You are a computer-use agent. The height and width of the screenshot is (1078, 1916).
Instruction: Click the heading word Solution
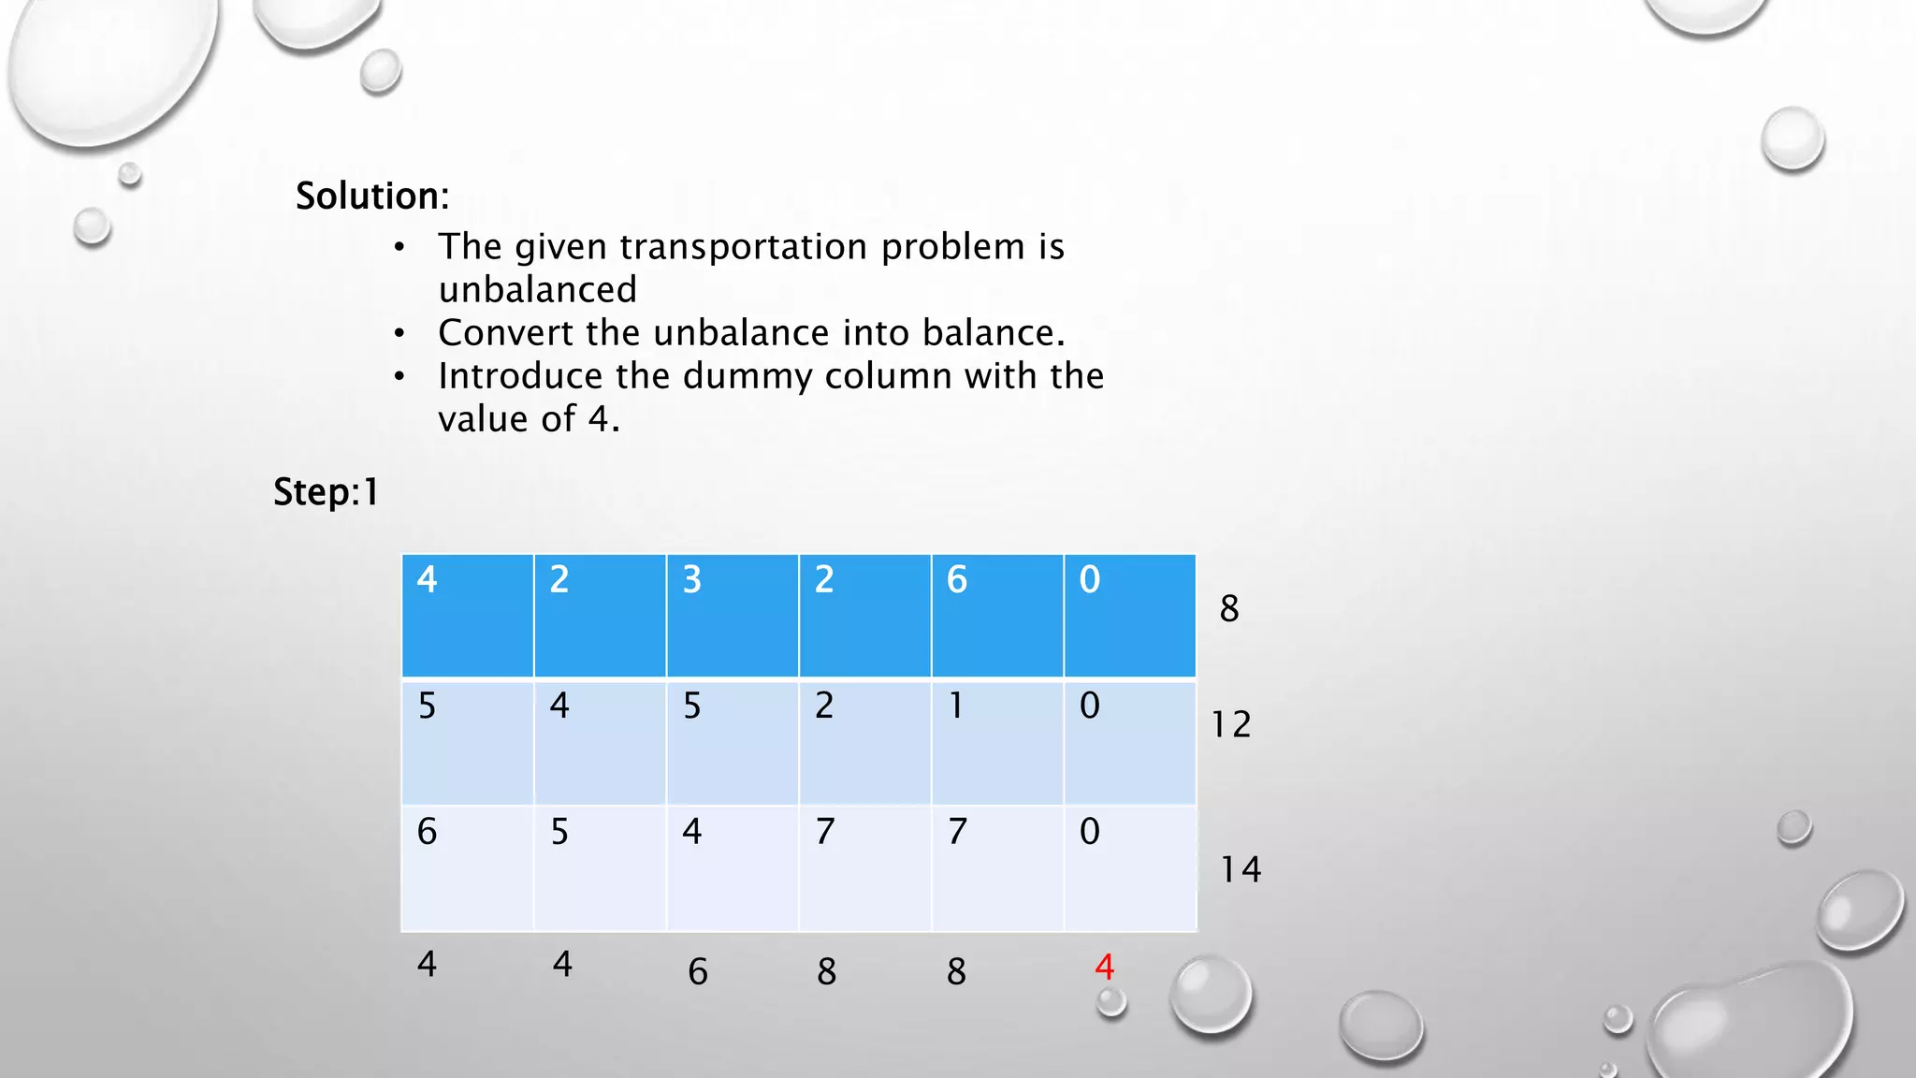coord(370,197)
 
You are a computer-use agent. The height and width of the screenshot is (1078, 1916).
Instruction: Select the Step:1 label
coord(326,492)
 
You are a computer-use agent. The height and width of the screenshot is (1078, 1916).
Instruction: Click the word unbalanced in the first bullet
coord(537,290)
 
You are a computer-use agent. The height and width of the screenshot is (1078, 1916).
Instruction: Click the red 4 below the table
coord(1104,967)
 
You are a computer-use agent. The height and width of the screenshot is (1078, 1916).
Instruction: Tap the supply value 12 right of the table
coord(1230,724)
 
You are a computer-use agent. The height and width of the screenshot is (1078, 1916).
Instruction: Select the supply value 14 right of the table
coord(1241,869)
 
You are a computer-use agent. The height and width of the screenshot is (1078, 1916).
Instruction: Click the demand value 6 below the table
coord(698,971)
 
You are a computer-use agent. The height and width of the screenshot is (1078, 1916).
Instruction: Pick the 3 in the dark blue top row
coord(691,580)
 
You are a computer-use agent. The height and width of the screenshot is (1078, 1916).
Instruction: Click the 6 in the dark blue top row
coord(956,580)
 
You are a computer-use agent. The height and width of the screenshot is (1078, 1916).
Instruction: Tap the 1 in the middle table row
coord(956,706)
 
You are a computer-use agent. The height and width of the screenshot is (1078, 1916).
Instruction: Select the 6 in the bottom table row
coord(427,831)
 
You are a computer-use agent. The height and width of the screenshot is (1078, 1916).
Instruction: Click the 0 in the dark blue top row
coord(1089,580)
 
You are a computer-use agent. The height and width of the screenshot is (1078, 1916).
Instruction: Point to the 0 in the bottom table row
coord(1089,831)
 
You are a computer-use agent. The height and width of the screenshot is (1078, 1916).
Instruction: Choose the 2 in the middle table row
coord(824,706)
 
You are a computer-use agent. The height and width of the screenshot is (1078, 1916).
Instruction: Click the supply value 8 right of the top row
coord(1229,609)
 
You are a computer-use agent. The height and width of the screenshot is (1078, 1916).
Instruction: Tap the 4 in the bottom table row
coord(691,831)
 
